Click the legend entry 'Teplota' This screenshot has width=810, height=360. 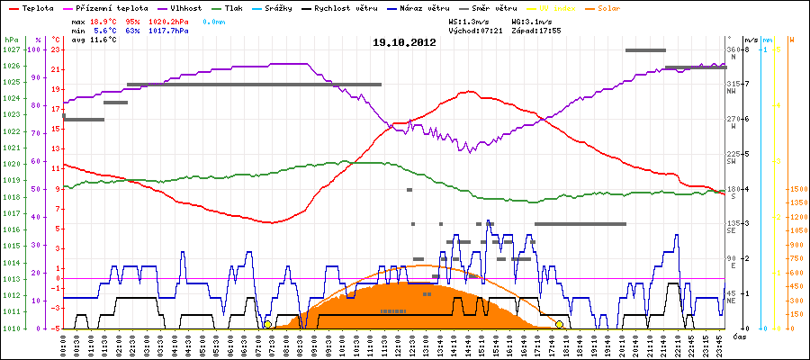[x=33, y=7]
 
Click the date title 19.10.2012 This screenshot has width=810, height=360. [x=404, y=42]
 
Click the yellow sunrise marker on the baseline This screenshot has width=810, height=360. [x=267, y=324]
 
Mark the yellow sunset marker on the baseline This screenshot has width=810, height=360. [x=560, y=324]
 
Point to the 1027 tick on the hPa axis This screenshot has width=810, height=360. [x=10, y=49]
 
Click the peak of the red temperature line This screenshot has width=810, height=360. [x=467, y=92]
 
